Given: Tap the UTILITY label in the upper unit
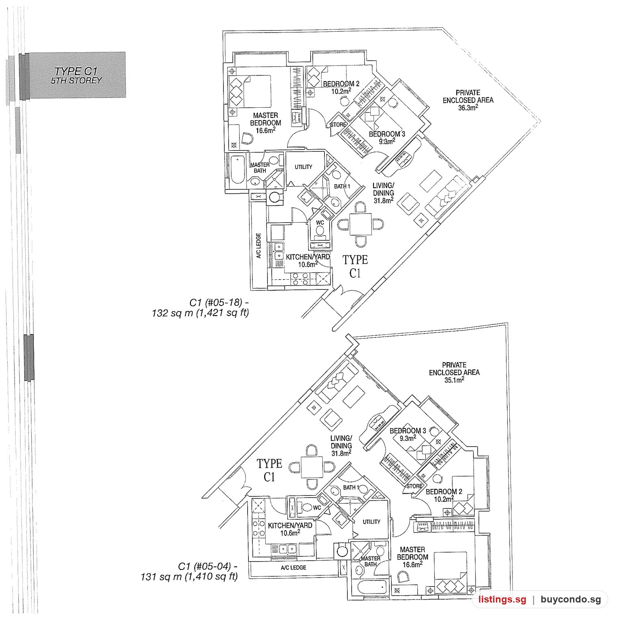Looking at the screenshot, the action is (x=303, y=167).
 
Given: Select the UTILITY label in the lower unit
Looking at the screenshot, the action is (x=371, y=522).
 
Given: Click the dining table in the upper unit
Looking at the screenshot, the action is (x=361, y=224).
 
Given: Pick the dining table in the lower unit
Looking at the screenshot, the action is (x=312, y=467).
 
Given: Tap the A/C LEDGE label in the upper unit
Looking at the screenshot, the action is (x=259, y=246).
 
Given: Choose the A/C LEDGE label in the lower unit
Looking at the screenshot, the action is (x=293, y=568).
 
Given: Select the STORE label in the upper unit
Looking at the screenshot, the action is (x=338, y=125).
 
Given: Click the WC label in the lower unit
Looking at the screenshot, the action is (x=317, y=508).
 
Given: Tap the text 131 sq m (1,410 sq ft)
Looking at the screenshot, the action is (x=189, y=577).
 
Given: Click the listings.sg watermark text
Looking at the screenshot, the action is (x=502, y=600).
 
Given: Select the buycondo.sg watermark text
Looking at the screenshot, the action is (x=571, y=600).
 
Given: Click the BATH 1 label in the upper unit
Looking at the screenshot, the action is (x=342, y=187).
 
